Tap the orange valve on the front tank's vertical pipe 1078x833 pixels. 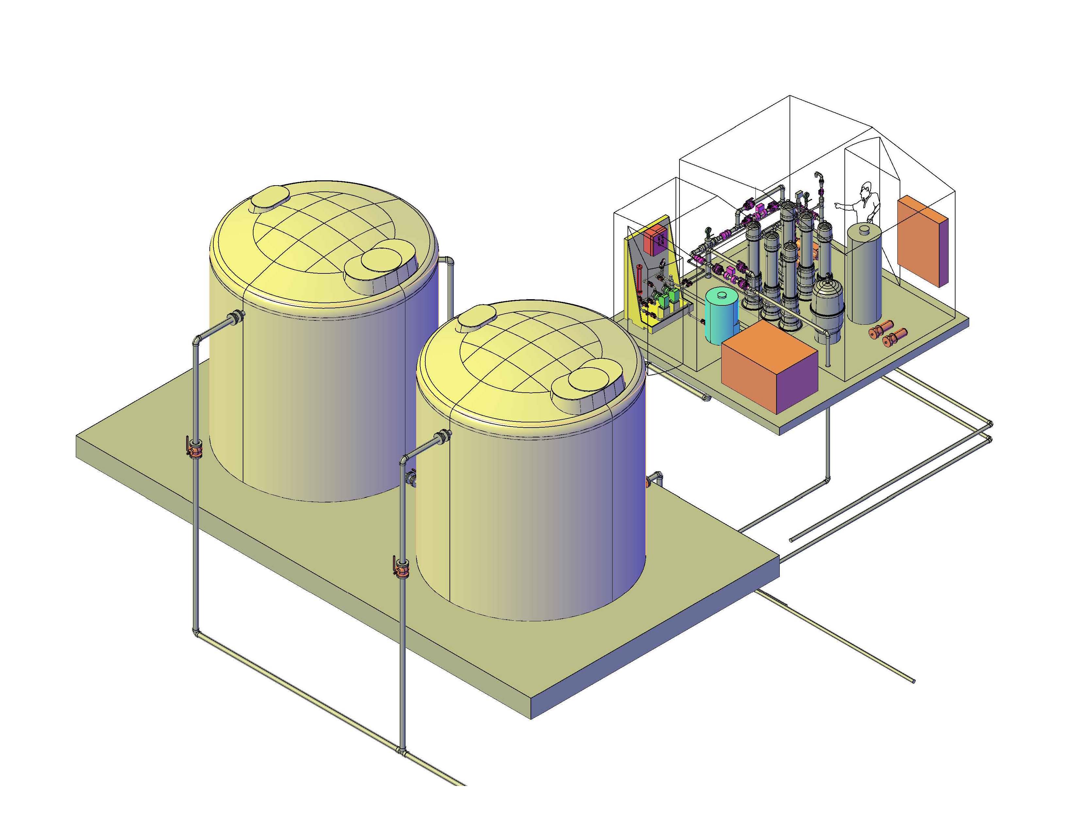pyautogui.click(x=402, y=569)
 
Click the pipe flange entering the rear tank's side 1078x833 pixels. pyautogui.click(x=237, y=317)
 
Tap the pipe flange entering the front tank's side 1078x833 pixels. pyautogui.click(x=444, y=436)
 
